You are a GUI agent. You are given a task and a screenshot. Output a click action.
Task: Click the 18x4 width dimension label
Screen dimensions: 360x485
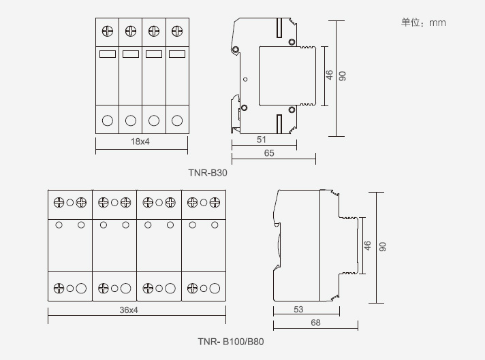pyautogui.click(x=140, y=142)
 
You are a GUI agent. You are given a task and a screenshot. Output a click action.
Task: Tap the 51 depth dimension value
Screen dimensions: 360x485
pyautogui.click(x=261, y=140)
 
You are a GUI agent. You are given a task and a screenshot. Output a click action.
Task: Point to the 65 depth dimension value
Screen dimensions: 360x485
pyautogui.click(x=269, y=154)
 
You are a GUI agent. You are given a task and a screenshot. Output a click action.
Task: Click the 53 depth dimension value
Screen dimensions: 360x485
pyautogui.click(x=298, y=310)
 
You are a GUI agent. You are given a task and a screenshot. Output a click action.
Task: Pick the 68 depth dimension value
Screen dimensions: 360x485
pyautogui.click(x=315, y=323)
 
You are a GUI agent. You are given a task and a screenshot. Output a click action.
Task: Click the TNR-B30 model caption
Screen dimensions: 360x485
pyautogui.click(x=208, y=173)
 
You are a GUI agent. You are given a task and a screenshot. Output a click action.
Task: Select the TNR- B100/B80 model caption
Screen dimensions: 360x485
pyautogui.click(x=231, y=342)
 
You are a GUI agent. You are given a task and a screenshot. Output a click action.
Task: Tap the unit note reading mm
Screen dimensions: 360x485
pyautogui.click(x=423, y=22)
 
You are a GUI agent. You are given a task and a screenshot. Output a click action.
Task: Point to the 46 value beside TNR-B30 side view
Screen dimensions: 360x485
pyautogui.click(x=330, y=76)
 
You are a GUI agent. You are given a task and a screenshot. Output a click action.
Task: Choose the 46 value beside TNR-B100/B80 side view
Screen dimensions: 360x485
pyautogui.click(x=368, y=246)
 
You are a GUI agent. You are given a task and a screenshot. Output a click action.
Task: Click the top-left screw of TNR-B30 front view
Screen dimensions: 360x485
pyautogui.click(x=108, y=31)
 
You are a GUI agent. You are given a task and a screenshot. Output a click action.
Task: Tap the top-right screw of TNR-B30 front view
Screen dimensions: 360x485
pyautogui.click(x=177, y=31)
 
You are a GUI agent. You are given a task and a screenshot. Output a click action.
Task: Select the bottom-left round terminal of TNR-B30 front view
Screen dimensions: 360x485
pyautogui.click(x=108, y=121)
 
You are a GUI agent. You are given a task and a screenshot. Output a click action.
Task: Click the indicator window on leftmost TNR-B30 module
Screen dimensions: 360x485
pyautogui.click(x=108, y=54)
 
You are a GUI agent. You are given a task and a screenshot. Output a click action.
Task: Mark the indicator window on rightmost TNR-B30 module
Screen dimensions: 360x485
pyautogui.click(x=177, y=54)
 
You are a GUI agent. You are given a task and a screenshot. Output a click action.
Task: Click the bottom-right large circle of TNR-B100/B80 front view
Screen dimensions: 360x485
pyautogui.click(x=215, y=288)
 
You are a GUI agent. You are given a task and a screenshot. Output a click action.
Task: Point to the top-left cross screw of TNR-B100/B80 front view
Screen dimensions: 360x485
pyautogui.click(x=59, y=202)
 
